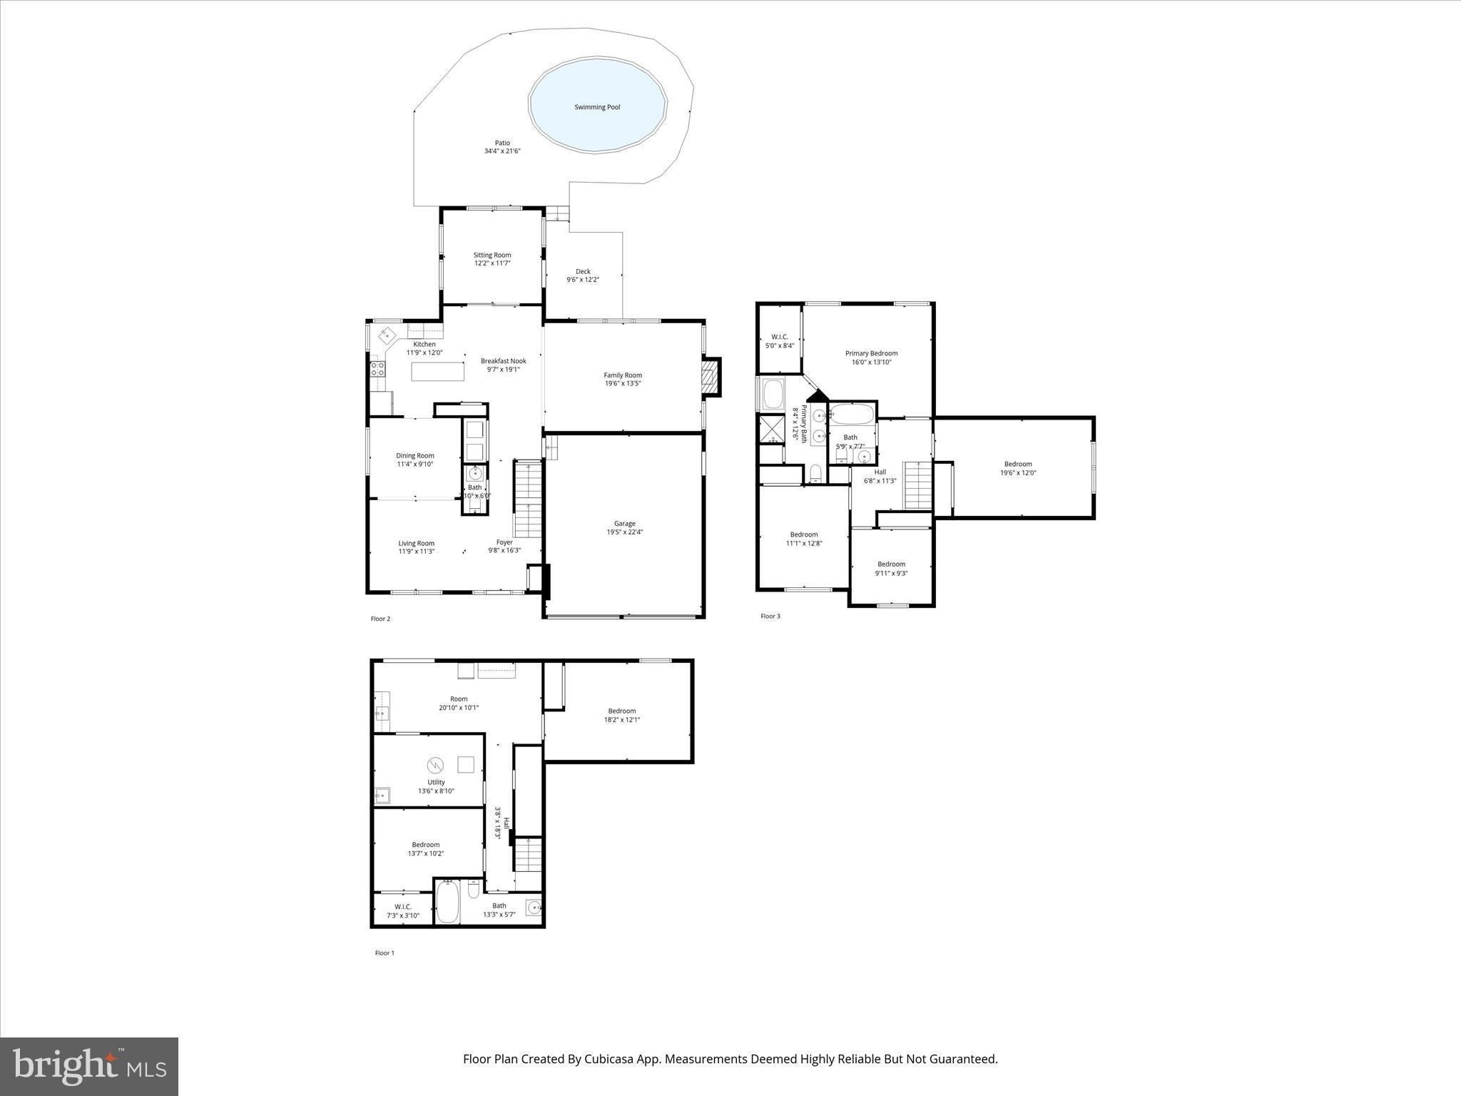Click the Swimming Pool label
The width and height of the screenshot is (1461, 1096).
tap(597, 107)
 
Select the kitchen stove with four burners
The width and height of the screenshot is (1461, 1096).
tap(377, 369)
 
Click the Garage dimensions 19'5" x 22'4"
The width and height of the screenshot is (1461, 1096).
tap(624, 532)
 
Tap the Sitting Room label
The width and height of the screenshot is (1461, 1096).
tap(492, 255)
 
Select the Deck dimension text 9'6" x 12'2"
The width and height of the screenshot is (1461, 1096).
tap(583, 280)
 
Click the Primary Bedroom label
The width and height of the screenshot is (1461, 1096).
tap(871, 353)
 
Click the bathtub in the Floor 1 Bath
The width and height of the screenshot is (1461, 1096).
tap(447, 903)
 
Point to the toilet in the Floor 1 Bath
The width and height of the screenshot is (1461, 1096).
tap(473, 890)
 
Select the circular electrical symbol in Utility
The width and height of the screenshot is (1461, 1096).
tap(435, 766)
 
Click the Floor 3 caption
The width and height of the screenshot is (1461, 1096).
tap(770, 616)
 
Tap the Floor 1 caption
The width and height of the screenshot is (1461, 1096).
tap(385, 953)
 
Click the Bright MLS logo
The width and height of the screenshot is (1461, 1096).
tap(89, 1066)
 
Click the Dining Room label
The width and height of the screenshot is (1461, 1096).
tap(415, 455)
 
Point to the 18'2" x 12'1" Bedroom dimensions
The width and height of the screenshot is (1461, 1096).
tap(622, 719)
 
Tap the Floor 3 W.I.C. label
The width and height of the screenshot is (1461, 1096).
tap(779, 337)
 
